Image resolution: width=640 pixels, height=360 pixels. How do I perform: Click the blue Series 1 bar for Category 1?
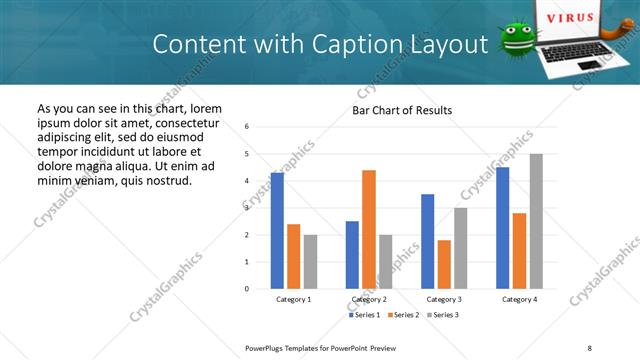(277, 231)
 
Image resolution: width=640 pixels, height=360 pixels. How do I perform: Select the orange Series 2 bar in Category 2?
(369, 229)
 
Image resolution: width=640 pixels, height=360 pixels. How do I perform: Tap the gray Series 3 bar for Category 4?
(536, 221)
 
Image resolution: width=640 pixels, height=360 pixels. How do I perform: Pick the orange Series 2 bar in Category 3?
(444, 264)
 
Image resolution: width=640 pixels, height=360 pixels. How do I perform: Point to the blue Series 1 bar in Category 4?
(502, 228)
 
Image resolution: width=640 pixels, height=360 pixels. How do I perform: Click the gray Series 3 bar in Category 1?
(310, 262)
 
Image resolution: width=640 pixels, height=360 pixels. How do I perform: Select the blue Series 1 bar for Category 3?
(427, 241)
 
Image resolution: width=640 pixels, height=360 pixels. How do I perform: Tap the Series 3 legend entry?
(442, 315)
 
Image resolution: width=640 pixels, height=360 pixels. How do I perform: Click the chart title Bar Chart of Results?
(402, 110)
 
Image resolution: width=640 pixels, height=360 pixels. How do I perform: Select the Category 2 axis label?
(369, 299)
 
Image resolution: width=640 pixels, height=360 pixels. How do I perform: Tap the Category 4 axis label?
(519, 299)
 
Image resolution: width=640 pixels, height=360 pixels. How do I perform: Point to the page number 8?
(589, 347)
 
